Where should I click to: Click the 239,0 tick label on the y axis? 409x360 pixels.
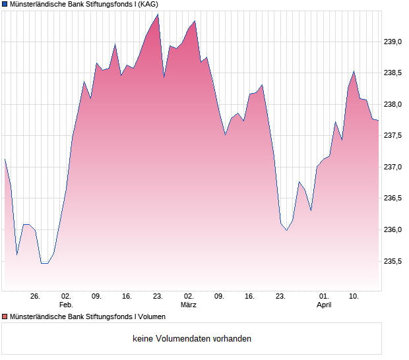(x=393, y=42)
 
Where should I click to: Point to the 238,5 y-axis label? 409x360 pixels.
(x=393, y=73)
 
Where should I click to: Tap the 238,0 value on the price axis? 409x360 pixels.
(x=393, y=104)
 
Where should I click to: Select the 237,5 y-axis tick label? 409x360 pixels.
(x=393, y=136)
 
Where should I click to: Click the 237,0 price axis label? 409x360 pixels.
(x=393, y=167)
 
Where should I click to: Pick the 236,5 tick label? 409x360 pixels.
(x=393, y=198)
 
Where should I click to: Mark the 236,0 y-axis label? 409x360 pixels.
(x=393, y=229)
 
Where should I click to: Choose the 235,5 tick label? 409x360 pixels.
(x=393, y=261)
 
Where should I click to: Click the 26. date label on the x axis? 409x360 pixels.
(x=36, y=297)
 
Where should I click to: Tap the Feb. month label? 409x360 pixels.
(x=66, y=305)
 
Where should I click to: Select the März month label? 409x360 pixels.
(x=189, y=305)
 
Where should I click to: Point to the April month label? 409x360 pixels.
(x=324, y=305)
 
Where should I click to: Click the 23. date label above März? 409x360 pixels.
(x=158, y=297)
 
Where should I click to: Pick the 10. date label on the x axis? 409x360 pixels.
(x=354, y=297)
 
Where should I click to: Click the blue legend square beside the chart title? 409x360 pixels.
(x=5, y=4)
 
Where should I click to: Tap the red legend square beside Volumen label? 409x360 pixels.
(x=5, y=317)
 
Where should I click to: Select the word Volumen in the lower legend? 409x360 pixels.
(x=152, y=317)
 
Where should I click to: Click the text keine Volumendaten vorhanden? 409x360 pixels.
(x=192, y=339)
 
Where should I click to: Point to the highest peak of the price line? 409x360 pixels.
(x=158, y=14)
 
